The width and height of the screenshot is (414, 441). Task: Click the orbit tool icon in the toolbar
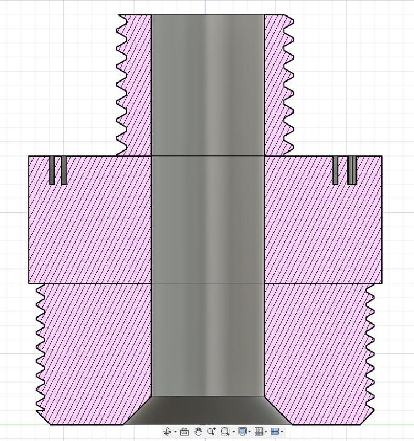tap(167, 432)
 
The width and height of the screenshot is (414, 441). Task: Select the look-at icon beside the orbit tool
tap(184, 432)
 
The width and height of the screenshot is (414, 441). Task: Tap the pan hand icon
tap(198, 432)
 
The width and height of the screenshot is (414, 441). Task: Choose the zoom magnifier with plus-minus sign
tap(212, 432)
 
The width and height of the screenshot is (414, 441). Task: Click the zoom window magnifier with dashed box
tap(225, 432)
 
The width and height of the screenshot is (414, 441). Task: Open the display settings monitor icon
tap(243, 432)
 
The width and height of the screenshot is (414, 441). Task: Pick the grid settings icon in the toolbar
tap(259, 432)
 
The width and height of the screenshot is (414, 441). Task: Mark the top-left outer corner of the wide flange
tap(29, 156)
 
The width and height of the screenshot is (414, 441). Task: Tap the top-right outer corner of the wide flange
tap(381, 156)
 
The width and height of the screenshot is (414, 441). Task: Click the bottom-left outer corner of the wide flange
tap(29, 283)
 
